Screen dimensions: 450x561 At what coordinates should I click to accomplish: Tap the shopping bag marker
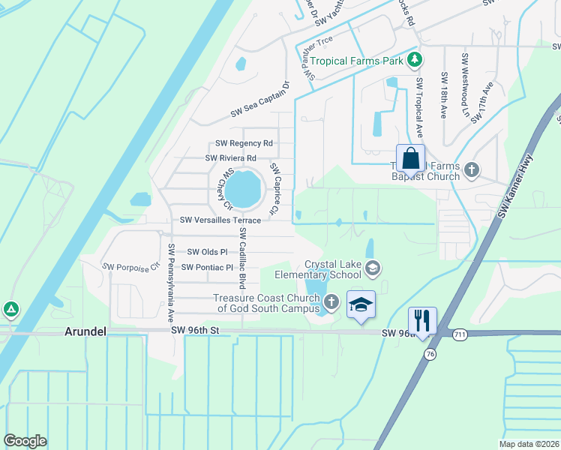pyautogui.click(x=410, y=159)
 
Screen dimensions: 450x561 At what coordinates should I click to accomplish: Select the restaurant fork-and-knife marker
pyautogui.click(x=422, y=320)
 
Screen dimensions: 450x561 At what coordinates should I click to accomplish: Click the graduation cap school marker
pyautogui.click(x=361, y=305)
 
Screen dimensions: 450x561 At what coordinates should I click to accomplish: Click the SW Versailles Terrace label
pyautogui.click(x=220, y=220)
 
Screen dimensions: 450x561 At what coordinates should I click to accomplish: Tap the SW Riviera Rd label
pyautogui.click(x=231, y=158)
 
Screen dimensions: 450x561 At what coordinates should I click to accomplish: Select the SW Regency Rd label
pyautogui.click(x=244, y=143)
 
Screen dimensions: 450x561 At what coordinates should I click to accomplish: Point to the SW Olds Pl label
pyautogui.click(x=207, y=252)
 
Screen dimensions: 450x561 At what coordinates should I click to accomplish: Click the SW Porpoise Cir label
pyautogui.click(x=132, y=266)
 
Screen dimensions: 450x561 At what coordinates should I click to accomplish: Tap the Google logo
pyautogui.click(x=25, y=441)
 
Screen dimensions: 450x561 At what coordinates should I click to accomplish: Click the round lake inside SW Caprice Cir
pyautogui.click(x=244, y=188)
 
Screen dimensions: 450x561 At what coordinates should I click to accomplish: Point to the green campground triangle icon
pyautogui.click(x=10, y=309)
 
